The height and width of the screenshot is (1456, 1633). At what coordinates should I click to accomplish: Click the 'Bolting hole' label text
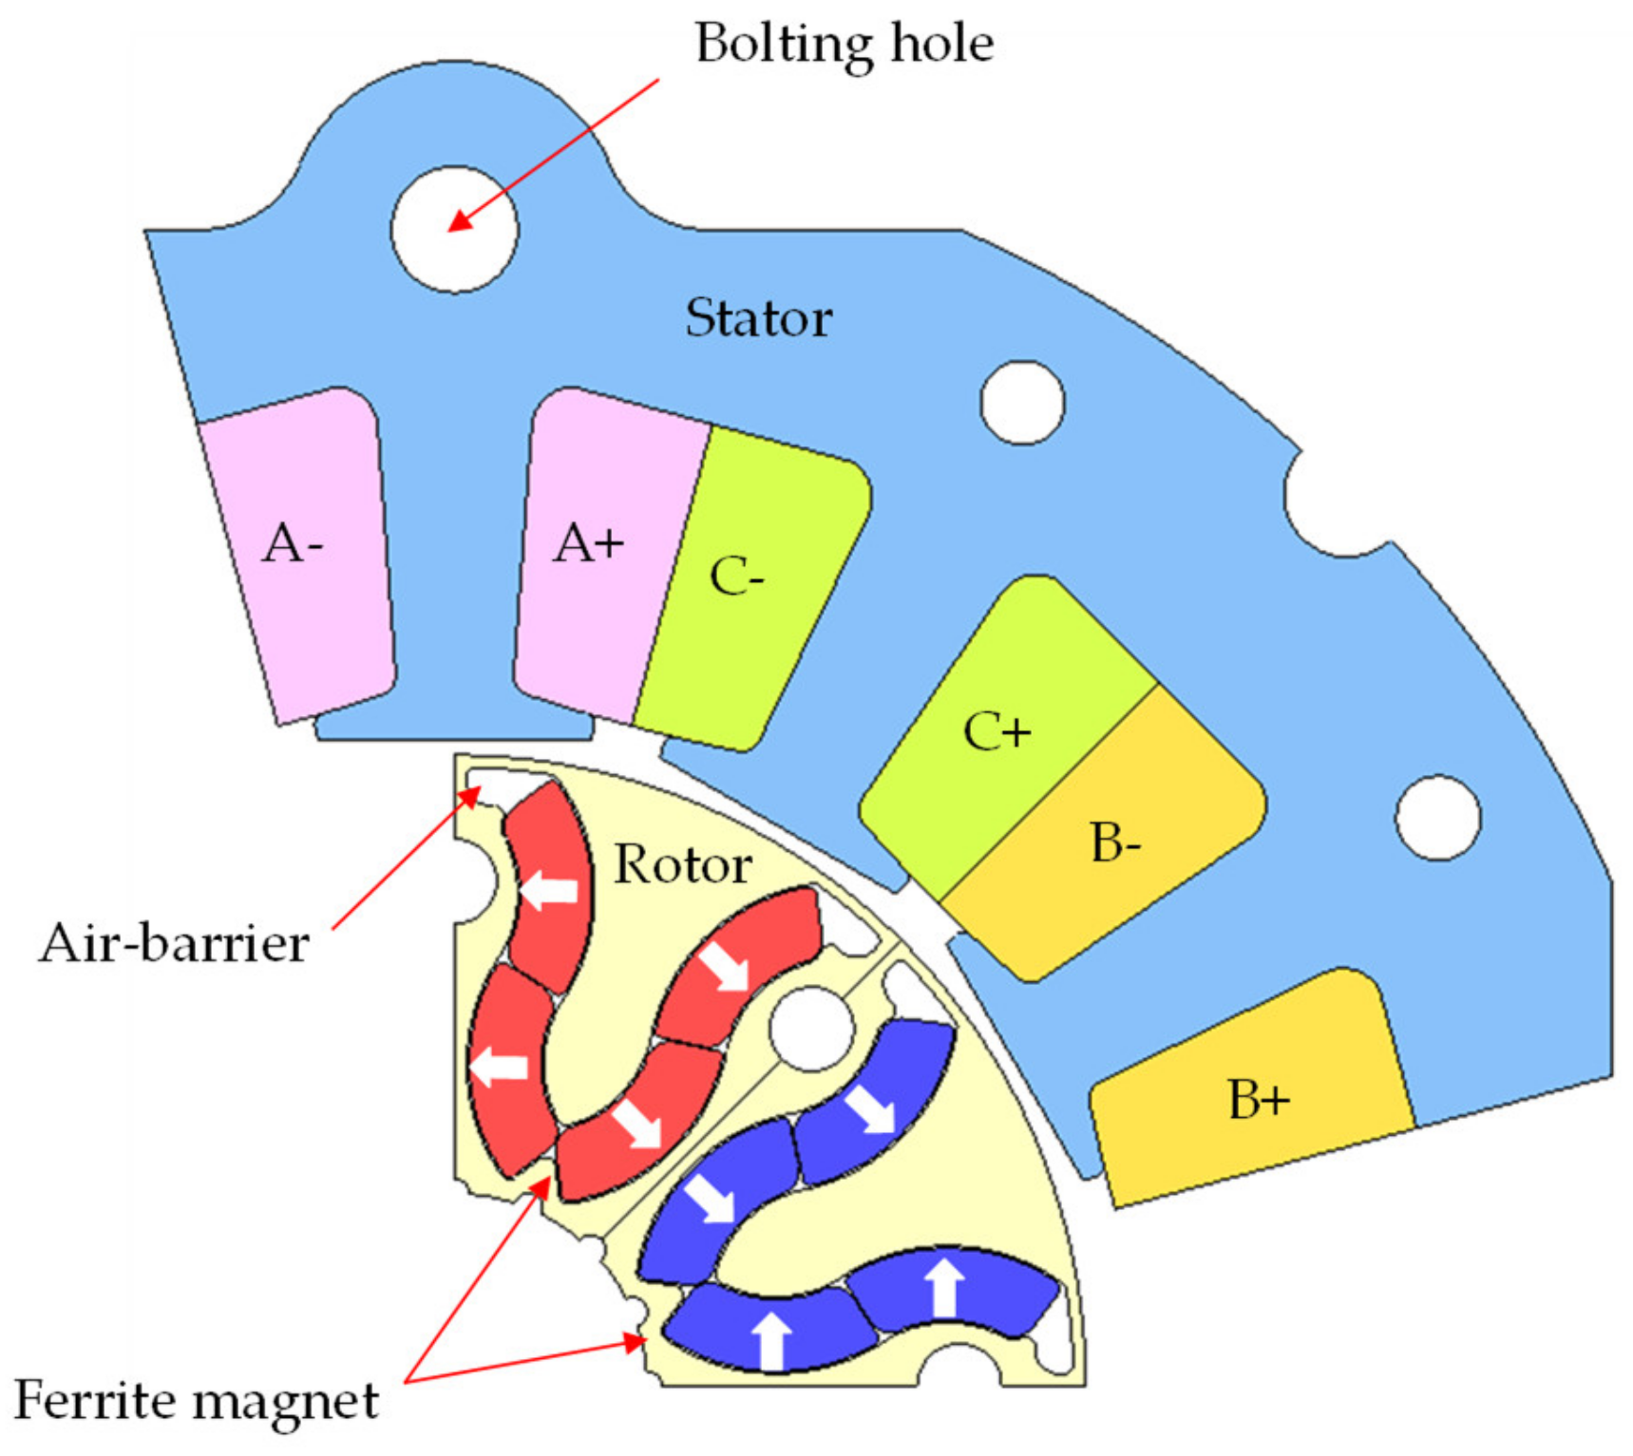coord(844,44)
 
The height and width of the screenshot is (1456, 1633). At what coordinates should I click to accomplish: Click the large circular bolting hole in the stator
coord(454,229)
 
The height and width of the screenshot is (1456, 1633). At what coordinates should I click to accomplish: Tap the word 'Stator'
coord(758,318)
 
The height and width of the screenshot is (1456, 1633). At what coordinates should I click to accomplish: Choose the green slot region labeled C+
coord(997,731)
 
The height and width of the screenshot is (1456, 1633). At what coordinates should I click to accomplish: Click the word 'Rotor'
coord(682,864)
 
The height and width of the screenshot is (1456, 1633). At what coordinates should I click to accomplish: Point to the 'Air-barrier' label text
coord(174,943)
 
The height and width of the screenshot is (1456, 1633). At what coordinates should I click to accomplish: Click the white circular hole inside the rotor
coord(810,1029)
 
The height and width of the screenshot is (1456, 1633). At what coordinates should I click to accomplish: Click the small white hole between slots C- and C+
coord(1022,403)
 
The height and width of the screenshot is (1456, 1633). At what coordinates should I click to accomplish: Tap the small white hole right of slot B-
coord(1437,818)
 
